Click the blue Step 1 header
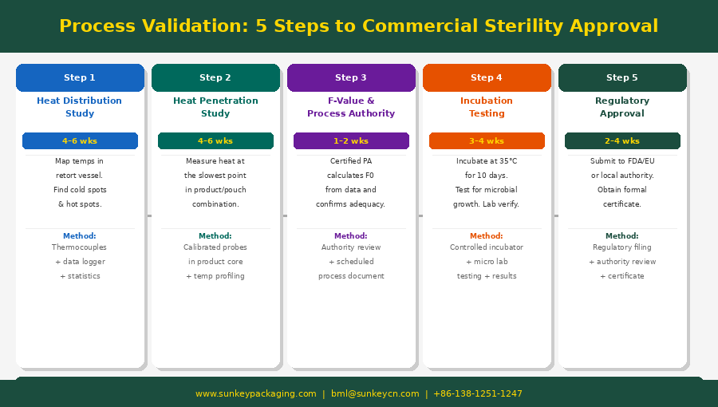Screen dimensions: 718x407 80,78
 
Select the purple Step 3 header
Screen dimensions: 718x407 351,78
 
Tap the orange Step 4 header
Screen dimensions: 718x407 487,78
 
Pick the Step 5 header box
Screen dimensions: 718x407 622,78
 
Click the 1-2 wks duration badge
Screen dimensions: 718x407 351,141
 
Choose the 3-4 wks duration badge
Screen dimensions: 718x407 487,141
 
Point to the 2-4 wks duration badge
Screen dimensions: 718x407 622,141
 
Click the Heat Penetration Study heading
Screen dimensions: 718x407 215,107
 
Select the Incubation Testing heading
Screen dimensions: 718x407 487,107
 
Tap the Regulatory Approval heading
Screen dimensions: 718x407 622,107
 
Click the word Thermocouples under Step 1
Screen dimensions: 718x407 79,247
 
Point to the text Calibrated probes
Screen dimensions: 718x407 215,247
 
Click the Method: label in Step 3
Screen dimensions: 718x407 351,236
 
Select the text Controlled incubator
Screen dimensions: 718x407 487,247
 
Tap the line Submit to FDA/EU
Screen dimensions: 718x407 622,161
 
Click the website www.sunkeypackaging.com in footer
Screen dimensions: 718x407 256,393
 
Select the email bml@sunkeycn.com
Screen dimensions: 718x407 375,393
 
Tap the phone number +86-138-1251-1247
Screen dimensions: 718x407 478,393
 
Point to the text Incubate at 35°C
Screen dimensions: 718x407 487,161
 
